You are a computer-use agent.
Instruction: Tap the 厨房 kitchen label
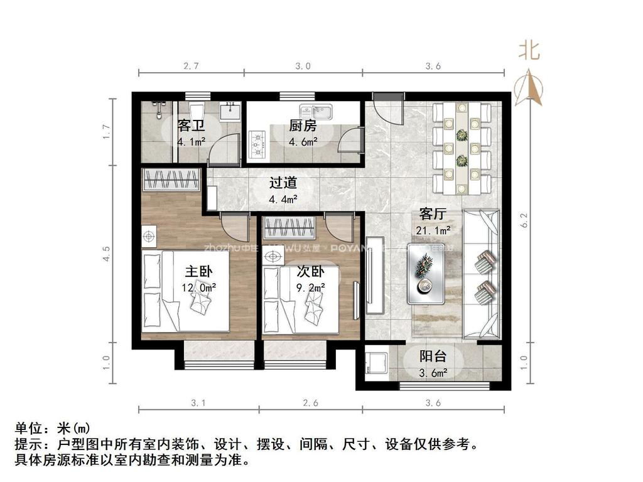click(x=303, y=126)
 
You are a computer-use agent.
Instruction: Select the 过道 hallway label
click(x=283, y=183)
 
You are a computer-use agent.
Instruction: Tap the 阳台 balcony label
click(x=433, y=356)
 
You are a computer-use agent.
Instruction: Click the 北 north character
click(x=529, y=50)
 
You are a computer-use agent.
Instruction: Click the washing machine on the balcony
click(x=376, y=363)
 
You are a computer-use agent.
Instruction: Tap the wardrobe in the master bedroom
click(x=171, y=180)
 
